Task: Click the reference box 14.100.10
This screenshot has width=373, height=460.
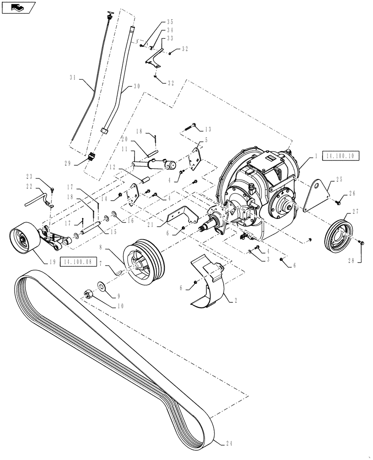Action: point(340,156)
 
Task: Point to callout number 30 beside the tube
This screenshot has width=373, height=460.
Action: point(137,86)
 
